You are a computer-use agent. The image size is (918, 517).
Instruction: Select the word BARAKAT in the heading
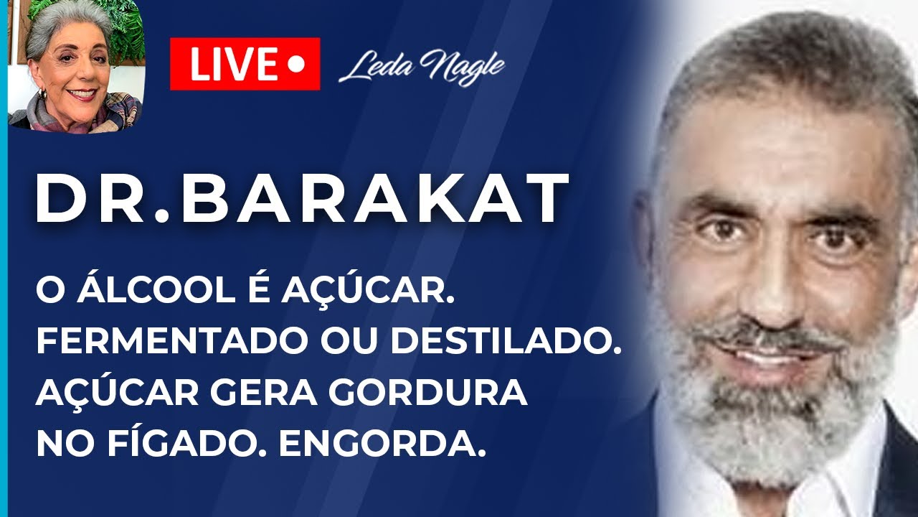[x=375, y=199]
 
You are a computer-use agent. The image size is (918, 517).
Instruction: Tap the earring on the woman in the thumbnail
[x=42, y=94]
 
